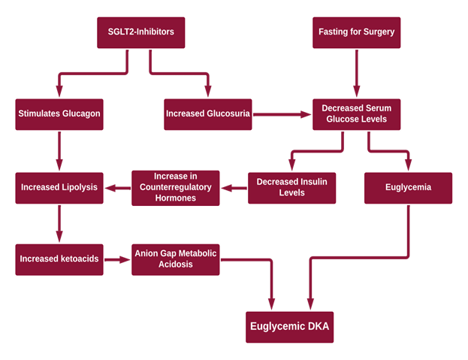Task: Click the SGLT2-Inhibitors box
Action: pos(140,32)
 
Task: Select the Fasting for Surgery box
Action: pos(356,32)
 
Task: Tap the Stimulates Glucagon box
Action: pos(59,114)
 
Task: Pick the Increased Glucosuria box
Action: pos(207,114)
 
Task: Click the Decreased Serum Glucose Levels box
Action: pos(356,114)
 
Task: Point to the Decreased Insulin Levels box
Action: pos(292,187)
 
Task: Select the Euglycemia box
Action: pos(409,187)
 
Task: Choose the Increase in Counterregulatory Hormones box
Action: pos(176,187)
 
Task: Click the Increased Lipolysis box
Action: pos(59,187)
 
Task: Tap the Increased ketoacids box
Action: pos(59,259)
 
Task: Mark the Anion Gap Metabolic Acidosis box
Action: pos(176,259)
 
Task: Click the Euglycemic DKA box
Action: pos(290,327)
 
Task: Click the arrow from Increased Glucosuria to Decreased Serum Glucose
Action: pos(282,115)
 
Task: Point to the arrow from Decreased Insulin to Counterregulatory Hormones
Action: pos(234,188)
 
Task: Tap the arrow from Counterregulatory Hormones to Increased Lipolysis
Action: pos(117,188)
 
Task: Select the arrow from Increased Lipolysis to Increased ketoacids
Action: pos(59,223)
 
